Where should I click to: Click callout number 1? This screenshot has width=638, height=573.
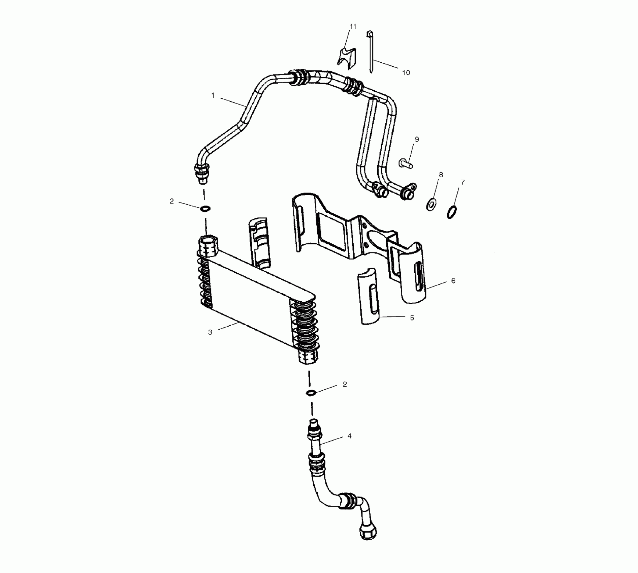click(213, 96)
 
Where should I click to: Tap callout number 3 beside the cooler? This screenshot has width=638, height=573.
click(210, 332)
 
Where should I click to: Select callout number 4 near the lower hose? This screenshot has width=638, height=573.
click(349, 436)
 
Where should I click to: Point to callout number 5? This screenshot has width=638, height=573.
click(412, 318)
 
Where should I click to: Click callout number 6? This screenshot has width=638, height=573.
click(453, 280)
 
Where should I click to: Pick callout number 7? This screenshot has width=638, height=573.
click(462, 182)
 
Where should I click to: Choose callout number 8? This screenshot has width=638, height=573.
click(441, 175)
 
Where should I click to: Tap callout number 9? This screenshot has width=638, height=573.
click(417, 139)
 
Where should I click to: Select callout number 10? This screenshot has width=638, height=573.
click(406, 72)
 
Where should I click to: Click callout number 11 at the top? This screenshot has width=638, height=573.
click(353, 26)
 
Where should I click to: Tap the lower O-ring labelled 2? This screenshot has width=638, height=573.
click(311, 393)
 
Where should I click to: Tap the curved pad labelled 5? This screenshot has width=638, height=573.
click(369, 297)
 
